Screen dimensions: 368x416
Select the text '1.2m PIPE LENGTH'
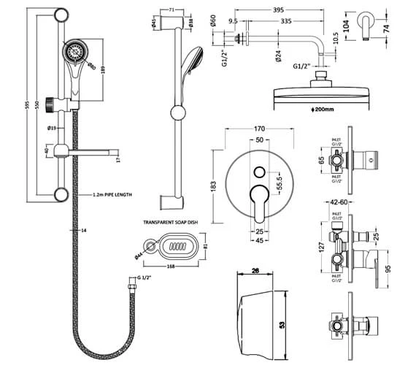112,196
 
